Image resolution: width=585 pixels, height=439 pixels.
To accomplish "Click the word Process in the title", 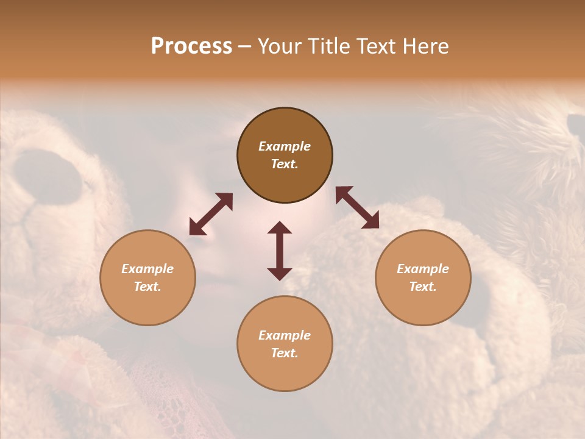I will click(191, 46).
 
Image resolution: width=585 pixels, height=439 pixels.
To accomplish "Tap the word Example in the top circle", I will click(285, 146).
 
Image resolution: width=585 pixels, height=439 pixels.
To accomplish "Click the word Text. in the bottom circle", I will click(285, 353).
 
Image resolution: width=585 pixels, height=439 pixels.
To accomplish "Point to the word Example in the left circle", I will click(147, 269).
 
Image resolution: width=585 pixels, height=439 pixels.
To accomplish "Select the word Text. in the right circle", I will click(423, 287).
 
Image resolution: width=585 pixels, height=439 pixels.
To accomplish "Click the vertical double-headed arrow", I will click(280, 251).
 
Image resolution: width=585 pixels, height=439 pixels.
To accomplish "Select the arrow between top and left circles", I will click(211, 214).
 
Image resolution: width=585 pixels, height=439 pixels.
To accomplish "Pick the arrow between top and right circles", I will click(357, 207).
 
